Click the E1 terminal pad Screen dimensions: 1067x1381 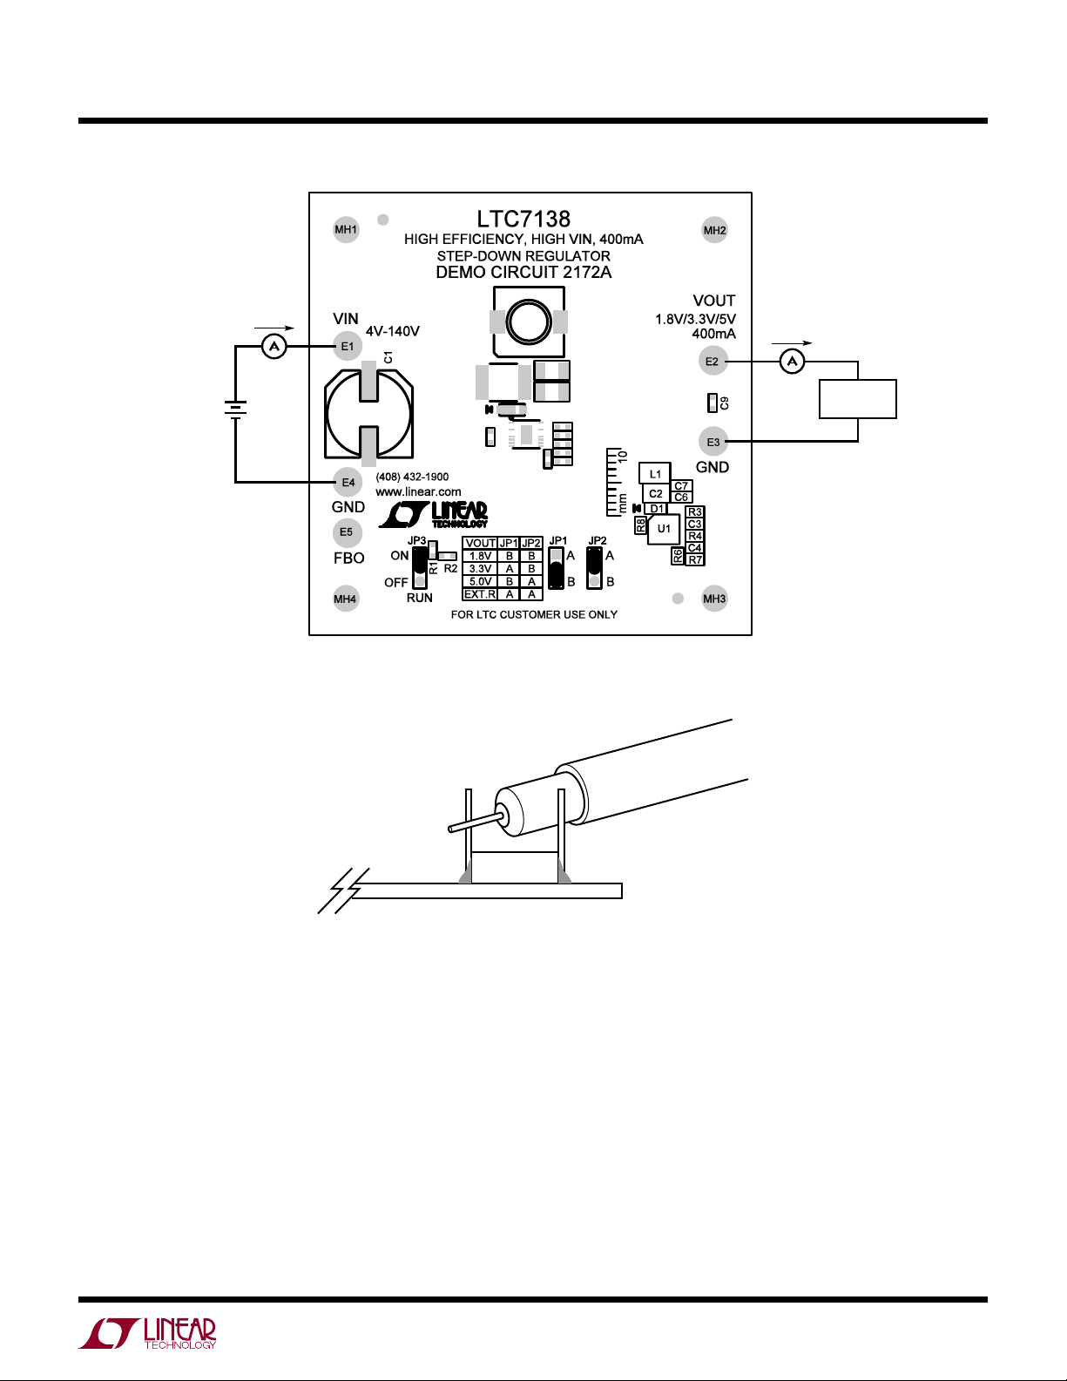pyautogui.click(x=348, y=347)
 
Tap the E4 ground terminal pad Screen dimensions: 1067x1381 pyautogui.click(x=348, y=483)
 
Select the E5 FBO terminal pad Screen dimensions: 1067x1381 pyautogui.click(x=347, y=532)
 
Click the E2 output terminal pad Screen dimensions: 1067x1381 pyautogui.click(x=712, y=362)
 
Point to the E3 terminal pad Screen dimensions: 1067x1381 pyautogui.click(x=713, y=442)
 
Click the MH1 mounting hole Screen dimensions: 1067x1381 pyautogui.click(x=346, y=229)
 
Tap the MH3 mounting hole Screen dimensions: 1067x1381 pyautogui.click(x=714, y=599)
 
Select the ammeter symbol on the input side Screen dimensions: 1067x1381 pyautogui.click(x=274, y=347)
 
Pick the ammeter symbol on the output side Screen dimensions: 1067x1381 pyautogui.click(x=792, y=362)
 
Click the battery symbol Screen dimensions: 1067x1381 pyautogui.click(x=236, y=410)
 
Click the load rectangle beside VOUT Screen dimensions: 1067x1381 pyautogui.click(x=857, y=399)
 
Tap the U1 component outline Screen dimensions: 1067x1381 pyautogui.click(x=664, y=529)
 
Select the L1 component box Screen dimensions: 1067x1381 pyautogui.click(x=655, y=474)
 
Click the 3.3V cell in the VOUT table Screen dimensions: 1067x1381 pyautogui.click(x=480, y=569)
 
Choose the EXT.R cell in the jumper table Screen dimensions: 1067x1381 pyautogui.click(x=480, y=594)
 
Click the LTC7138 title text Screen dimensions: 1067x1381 pyautogui.click(x=524, y=220)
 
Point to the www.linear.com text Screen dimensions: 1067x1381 pyautogui.click(x=418, y=492)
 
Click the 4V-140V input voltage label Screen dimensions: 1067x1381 pyautogui.click(x=393, y=331)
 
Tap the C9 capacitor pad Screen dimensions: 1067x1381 pyautogui.click(x=712, y=403)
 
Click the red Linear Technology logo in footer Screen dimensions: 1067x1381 pyautogui.click(x=147, y=1334)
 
